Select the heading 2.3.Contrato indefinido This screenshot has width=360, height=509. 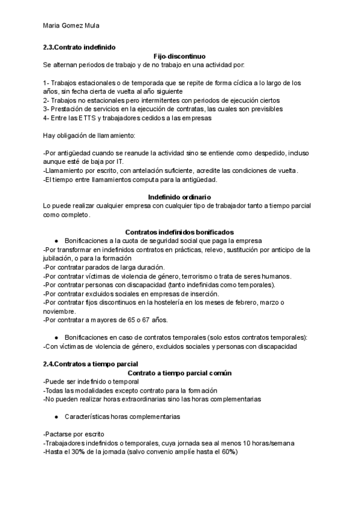(x=79, y=47)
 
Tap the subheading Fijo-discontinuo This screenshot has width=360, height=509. (x=179, y=55)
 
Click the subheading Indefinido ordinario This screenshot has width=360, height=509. (x=179, y=197)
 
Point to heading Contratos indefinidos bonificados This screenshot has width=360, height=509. (x=179, y=232)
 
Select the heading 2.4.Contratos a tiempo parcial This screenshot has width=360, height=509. (x=91, y=364)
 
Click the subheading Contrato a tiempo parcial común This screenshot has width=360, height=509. (x=179, y=373)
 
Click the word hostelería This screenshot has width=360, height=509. (x=181, y=303)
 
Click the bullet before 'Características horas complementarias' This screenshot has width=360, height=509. (x=55, y=417)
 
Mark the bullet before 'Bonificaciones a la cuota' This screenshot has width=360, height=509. (x=55, y=241)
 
